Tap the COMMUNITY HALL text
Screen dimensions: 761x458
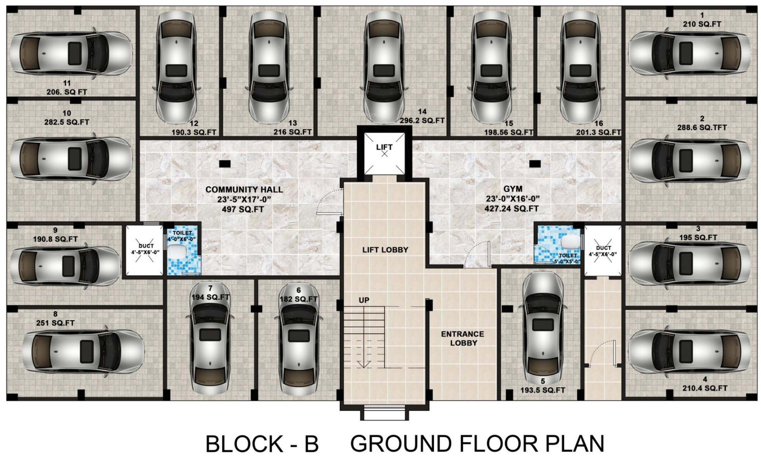tap(244, 190)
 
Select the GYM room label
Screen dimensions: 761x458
tap(513, 189)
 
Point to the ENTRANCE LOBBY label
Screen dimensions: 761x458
tap(462, 339)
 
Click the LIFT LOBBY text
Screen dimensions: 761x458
tap(385, 250)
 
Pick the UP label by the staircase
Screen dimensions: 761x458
tap(364, 300)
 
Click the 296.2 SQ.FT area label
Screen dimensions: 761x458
tap(422, 121)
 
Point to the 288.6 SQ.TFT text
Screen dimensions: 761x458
tap(702, 127)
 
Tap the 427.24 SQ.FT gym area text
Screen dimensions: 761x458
tap(512, 209)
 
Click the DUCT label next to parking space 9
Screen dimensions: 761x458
tap(146, 246)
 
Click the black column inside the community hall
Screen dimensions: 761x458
tap(225, 164)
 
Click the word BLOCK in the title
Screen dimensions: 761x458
tap(246, 443)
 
